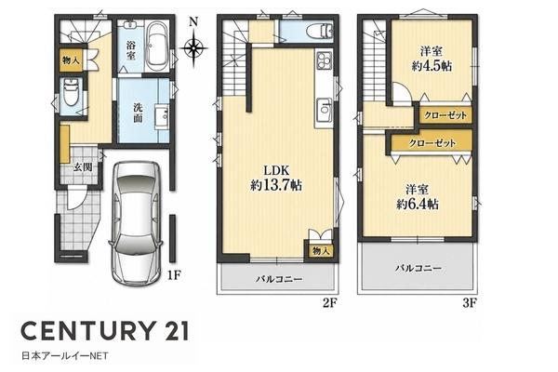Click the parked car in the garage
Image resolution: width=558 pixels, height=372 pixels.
(x=136, y=222)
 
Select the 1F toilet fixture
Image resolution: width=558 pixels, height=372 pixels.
(x=70, y=92)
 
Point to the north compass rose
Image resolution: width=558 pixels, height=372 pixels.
(x=193, y=44)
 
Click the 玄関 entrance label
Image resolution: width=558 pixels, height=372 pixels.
(x=83, y=166)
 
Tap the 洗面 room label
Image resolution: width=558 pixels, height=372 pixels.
(x=138, y=113)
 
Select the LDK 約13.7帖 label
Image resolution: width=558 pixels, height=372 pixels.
(x=276, y=178)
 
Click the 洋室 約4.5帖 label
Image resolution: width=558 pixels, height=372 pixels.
(x=432, y=59)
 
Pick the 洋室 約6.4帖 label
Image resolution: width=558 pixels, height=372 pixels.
(x=418, y=197)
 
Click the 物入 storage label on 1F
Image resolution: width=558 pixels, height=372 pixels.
(x=72, y=60)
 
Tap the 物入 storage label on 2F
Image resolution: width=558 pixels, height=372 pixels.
(x=321, y=251)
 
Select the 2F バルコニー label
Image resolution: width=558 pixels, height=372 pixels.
(x=279, y=279)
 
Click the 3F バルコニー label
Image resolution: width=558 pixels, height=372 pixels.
(x=418, y=268)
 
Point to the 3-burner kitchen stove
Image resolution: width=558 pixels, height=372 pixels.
(x=324, y=60)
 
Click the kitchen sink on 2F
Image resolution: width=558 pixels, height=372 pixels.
(x=324, y=110)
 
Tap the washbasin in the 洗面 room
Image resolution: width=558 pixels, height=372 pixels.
(x=162, y=115)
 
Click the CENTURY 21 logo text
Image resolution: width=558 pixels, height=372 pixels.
(x=104, y=331)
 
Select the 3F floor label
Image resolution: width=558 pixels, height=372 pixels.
(x=470, y=303)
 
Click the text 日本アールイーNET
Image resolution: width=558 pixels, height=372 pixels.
(x=65, y=355)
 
